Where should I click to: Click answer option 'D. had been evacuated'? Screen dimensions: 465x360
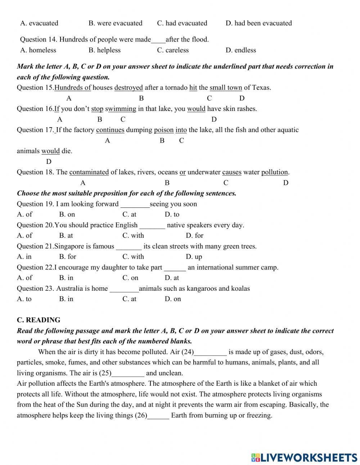click(x=258, y=23)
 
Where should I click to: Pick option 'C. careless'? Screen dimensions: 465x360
click(x=173, y=50)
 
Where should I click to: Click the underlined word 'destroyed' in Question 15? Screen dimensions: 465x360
click(x=129, y=88)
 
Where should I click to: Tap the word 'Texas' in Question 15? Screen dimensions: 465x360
click(x=261, y=88)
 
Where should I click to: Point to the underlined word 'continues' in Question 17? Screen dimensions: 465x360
click(x=110, y=130)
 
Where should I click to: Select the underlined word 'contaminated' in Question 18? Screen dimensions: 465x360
click(x=89, y=172)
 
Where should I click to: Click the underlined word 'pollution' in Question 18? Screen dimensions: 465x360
click(x=275, y=172)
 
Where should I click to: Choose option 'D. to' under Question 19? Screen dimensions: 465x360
click(x=172, y=215)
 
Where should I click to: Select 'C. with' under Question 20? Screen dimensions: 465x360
click(x=133, y=236)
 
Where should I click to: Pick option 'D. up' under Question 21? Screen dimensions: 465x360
click(x=194, y=257)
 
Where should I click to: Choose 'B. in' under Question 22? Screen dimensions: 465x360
click(x=66, y=278)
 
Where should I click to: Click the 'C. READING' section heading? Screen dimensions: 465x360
click(x=39, y=320)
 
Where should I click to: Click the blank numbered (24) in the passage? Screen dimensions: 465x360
click(x=211, y=352)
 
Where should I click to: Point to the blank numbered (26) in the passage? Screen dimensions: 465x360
click(x=158, y=416)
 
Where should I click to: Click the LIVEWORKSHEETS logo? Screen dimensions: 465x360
click(x=304, y=457)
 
